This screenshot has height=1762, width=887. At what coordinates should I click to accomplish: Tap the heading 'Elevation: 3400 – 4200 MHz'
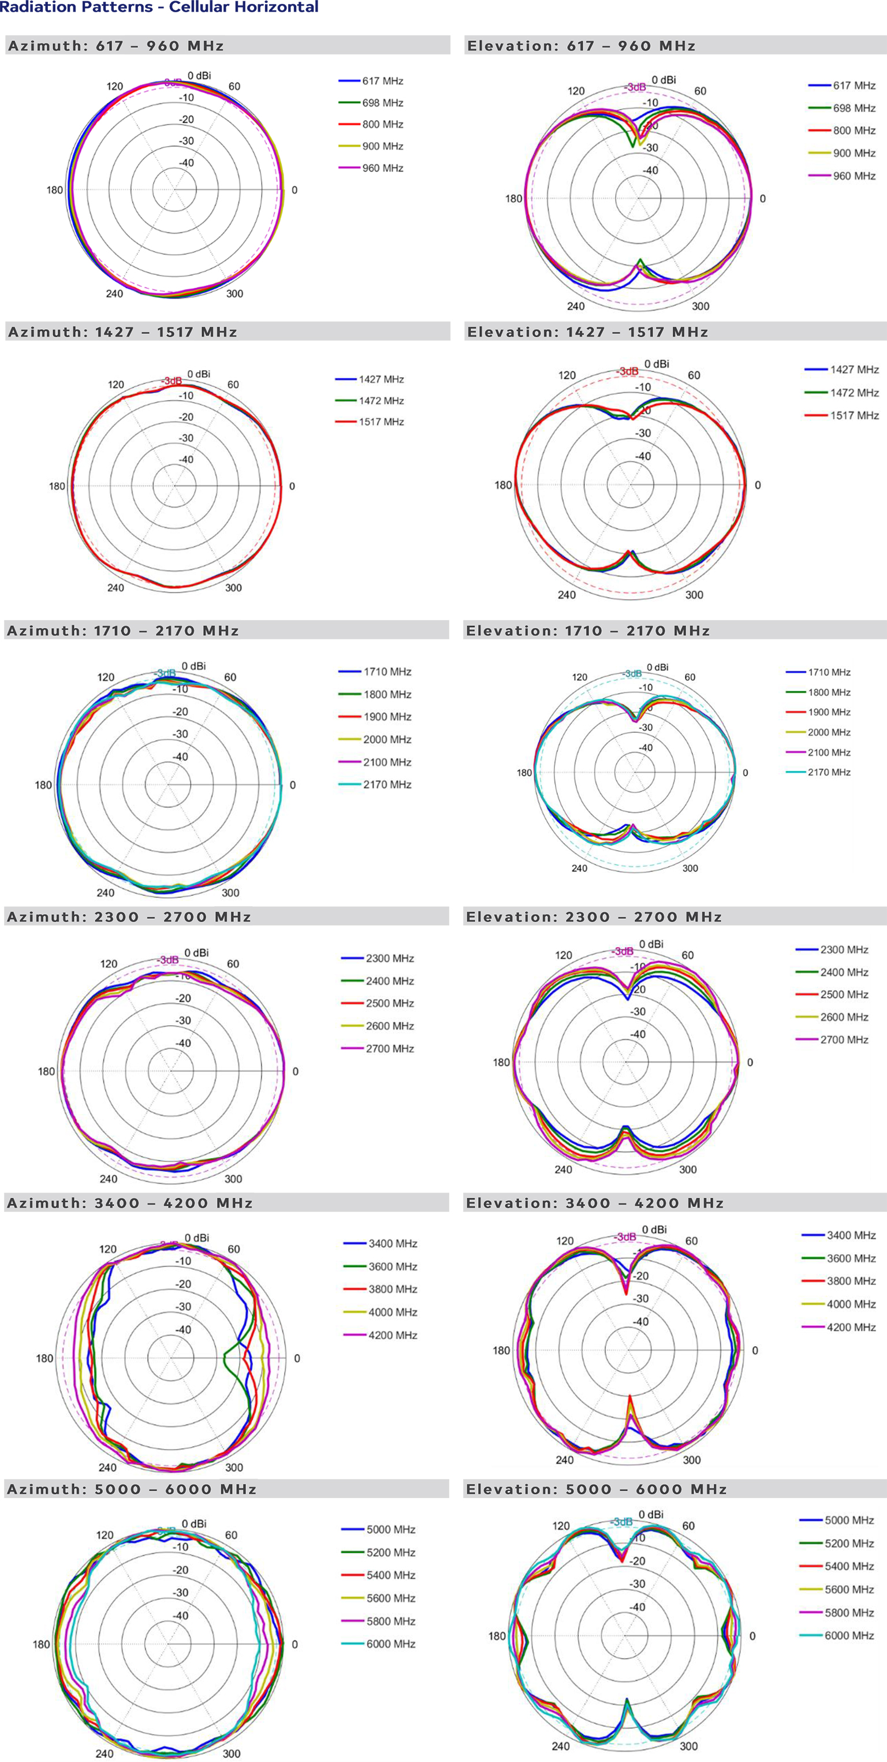(x=594, y=1203)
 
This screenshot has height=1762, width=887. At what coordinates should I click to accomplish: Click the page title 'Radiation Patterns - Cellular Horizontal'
(x=159, y=8)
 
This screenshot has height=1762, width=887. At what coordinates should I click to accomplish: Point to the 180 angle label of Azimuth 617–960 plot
(x=55, y=190)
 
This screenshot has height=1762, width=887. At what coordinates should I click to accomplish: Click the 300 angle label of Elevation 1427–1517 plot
(x=694, y=595)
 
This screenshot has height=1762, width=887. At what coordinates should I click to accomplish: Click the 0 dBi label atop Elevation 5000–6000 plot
(x=651, y=1514)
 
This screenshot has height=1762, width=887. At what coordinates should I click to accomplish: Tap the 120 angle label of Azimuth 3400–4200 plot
(x=108, y=1249)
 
